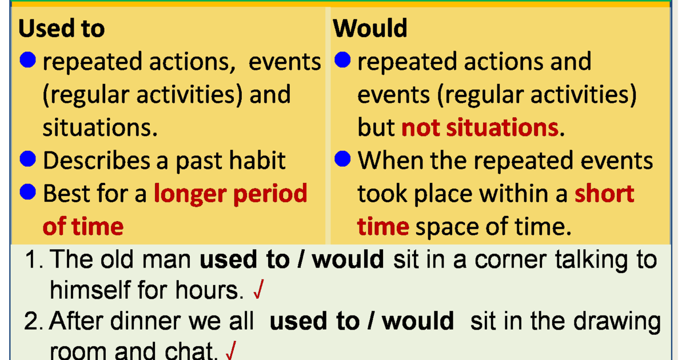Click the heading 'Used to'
coord(62,28)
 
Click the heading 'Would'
coord(370,28)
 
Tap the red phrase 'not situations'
coord(480,127)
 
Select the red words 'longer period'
coord(230,194)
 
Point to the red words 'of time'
coord(83,226)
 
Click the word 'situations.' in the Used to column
coord(100,127)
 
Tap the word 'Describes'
coord(97,160)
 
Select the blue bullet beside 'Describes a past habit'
coord(28,159)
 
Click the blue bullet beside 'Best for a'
coord(28,192)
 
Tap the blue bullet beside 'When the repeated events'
coord(342,159)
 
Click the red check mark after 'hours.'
coord(259,289)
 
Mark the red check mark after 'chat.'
coord(231,350)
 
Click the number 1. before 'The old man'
coord(34,259)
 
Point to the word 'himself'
coord(90,290)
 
